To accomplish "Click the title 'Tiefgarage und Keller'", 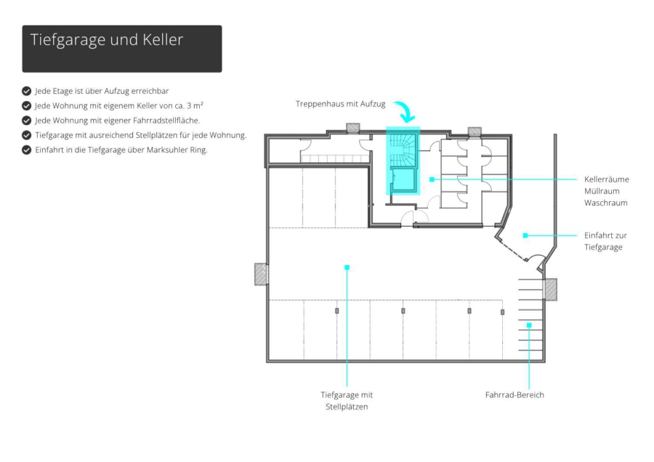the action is [107, 40].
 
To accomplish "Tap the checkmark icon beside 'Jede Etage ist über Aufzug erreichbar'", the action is [26, 91].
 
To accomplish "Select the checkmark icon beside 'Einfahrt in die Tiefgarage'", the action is [26, 150].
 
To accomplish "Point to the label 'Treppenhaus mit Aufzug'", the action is [340, 104].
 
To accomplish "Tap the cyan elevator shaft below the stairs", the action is [403, 179].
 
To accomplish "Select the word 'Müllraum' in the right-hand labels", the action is [602, 191].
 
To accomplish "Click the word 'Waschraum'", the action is [605, 203].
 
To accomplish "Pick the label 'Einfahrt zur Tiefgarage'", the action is [605, 241].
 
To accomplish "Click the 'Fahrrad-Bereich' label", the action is [514, 395].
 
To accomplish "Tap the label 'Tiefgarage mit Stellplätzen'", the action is [347, 401].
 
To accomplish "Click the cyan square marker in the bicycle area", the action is [529, 325].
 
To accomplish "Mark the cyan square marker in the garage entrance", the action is [525, 235].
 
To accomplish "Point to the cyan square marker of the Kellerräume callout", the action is [432, 179].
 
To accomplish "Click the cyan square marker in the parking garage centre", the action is [347, 267].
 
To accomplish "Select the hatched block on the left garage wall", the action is [261, 274].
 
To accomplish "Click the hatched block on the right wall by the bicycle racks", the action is [551, 289].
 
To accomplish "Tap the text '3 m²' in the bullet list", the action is [195, 105].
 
